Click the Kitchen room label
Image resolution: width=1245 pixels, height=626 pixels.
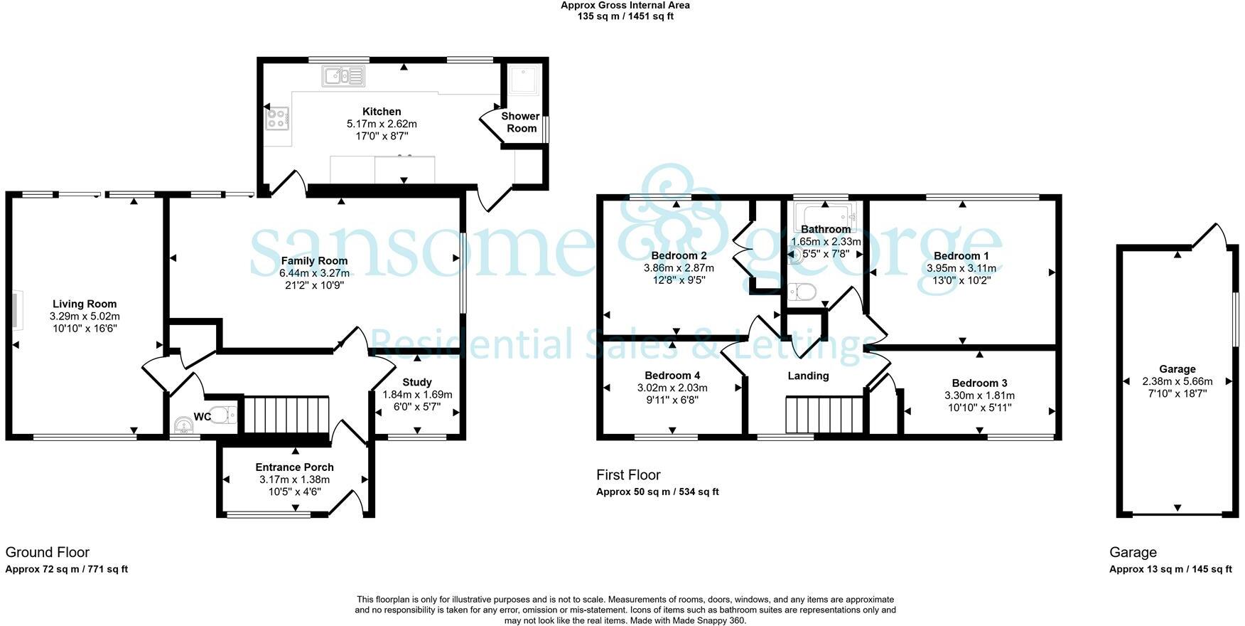(x=382, y=112)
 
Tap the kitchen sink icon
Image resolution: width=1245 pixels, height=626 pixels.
(x=343, y=75)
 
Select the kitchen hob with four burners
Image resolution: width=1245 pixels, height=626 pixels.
(x=277, y=119)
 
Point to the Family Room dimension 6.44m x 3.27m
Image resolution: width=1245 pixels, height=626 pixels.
(x=314, y=273)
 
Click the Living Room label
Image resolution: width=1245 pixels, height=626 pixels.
(x=85, y=304)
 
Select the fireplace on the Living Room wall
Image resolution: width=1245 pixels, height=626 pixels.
(x=15, y=310)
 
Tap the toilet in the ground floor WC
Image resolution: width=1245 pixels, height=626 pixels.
(x=224, y=415)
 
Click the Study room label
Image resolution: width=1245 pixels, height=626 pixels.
(x=416, y=382)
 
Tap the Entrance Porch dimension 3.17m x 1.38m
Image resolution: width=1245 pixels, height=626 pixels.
(x=294, y=479)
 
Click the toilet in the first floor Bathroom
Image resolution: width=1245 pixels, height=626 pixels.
(x=802, y=292)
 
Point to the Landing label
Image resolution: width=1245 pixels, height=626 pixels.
(x=808, y=376)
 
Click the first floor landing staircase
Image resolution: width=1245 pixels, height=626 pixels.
(x=824, y=415)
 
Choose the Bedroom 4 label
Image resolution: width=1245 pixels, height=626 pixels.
(x=672, y=376)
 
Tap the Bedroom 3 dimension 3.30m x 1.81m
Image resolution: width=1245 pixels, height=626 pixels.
(x=979, y=396)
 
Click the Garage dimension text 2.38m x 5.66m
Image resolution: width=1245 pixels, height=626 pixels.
(x=1177, y=381)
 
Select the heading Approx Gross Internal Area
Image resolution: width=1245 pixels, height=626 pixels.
(x=625, y=5)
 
